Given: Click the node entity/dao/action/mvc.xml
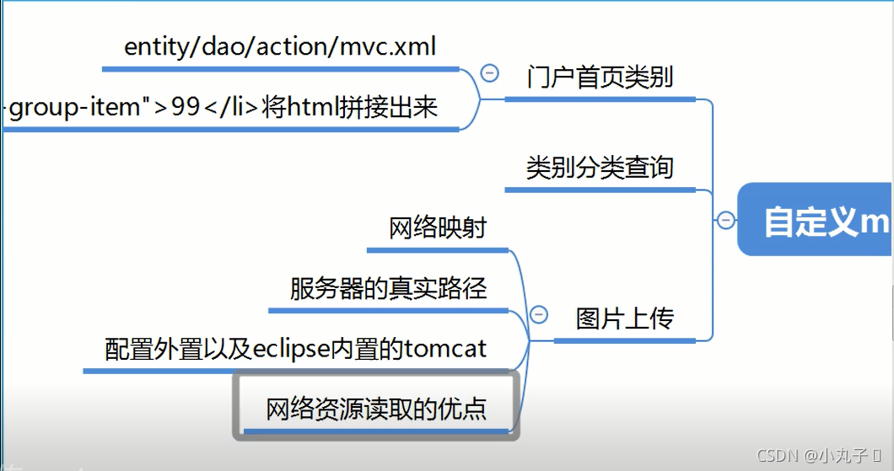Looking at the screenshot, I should [280, 47].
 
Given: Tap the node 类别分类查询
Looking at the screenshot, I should [600, 167].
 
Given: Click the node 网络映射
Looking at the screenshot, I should [438, 228].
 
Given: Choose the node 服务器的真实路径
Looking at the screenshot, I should [388, 289].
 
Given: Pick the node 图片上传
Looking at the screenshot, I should [624, 319].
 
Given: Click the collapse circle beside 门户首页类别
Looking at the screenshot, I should [488, 73].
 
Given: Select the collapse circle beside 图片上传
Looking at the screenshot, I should [539, 315].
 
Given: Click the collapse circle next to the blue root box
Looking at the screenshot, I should [725, 221].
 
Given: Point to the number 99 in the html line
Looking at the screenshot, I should [186, 109].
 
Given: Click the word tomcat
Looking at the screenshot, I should [445, 348].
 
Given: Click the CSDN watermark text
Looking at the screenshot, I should [778, 456].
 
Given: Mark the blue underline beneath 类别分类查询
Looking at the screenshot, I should [600, 185].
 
